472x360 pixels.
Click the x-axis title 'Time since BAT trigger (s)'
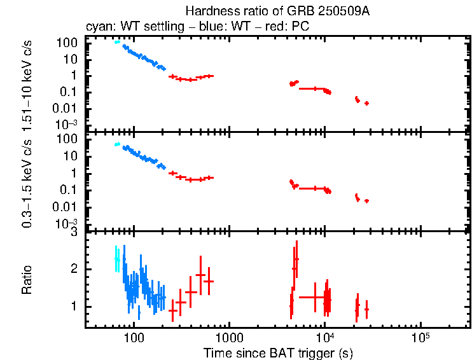[278, 352]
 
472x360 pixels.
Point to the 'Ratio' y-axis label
[27, 280]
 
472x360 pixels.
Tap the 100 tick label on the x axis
[134, 336]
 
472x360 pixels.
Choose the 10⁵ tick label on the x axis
[420, 336]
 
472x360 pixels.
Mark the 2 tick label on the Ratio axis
[74, 270]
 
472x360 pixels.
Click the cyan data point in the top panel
[117, 42]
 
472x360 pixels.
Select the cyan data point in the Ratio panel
[116, 259]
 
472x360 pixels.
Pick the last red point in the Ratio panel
[366, 309]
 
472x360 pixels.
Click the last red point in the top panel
[366, 103]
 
